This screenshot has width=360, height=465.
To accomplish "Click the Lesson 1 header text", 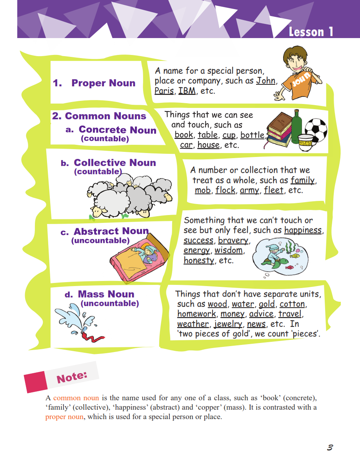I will (x=311, y=32).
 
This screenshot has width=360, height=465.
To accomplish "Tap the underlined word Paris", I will (x=164, y=91).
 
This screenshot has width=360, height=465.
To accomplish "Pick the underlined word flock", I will (x=225, y=190).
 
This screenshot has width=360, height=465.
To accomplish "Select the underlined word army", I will (x=249, y=190).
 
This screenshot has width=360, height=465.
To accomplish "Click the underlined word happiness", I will (x=303, y=230).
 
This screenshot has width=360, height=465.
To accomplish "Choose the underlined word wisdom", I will (x=229, y=250).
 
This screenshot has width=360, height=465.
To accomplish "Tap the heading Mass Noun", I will (x=106, y=294).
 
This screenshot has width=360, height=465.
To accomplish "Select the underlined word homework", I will (x=196, y=314).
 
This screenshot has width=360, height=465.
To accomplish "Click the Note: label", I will (x=72, y=377).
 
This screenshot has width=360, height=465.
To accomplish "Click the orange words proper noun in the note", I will (x=64, y=417).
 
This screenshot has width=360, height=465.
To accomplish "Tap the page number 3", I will (x=330, y=447).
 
